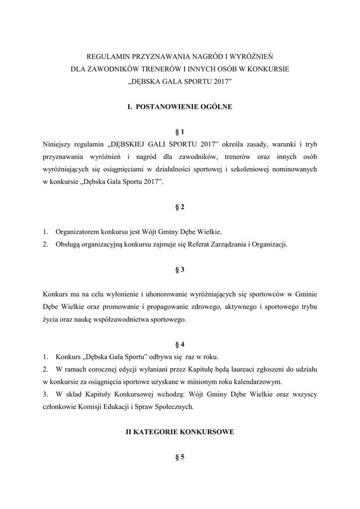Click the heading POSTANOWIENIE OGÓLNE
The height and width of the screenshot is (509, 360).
coord(184,106)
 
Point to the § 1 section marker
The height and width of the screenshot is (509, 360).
coord(180,132)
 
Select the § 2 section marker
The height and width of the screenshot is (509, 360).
coord(180,207)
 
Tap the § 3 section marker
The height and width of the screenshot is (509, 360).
coord(180,269)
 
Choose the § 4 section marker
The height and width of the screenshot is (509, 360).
coord(180,344)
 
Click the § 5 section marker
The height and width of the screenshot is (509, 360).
coord(180,458)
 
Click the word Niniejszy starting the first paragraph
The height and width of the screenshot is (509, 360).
coord(59,145)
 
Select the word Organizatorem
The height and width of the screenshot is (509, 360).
coord(77,232)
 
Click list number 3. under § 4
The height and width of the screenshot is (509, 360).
coord(46,395)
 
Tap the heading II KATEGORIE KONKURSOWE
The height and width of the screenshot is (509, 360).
coord(180,432)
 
